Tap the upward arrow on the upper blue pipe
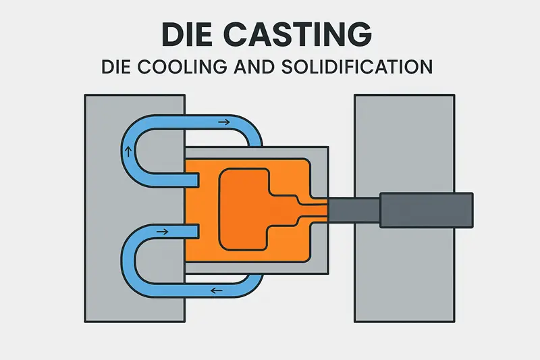click(x=127, y=150)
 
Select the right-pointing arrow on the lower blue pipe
click(x=163, y=232)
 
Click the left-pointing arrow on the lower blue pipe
click(x=214, y=292)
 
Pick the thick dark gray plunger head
click(x=426, y=209)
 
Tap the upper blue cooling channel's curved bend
click(x=132, y=135)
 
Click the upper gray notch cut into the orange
click(x=192, y=178)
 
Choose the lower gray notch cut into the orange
click(x=192, y=232)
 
